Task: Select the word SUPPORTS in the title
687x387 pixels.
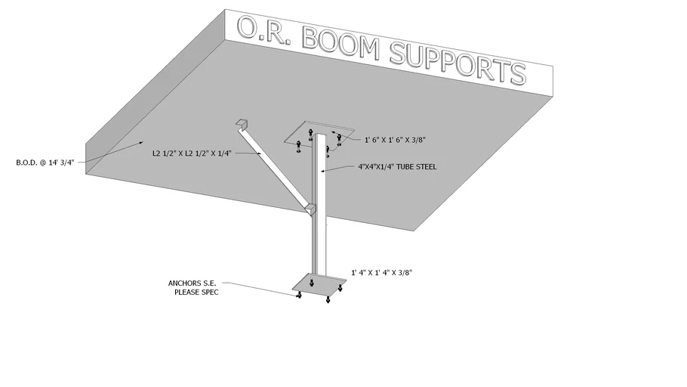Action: pos(457,62)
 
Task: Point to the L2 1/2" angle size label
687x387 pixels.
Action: pos(190,153)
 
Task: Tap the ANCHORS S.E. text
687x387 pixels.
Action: pos(193,283)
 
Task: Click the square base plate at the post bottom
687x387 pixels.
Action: pos(321,285)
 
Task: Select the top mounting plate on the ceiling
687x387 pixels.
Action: pos(317,134)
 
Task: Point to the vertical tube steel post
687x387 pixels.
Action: pos(319,204)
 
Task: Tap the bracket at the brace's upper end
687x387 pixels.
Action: pos(242,122)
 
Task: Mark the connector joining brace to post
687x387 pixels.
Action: pos(310,208)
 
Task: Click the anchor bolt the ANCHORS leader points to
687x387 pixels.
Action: pos(299,296)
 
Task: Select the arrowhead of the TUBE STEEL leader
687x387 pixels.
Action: pos(322,172)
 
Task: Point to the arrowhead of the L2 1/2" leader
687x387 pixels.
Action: pos(262,154)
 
